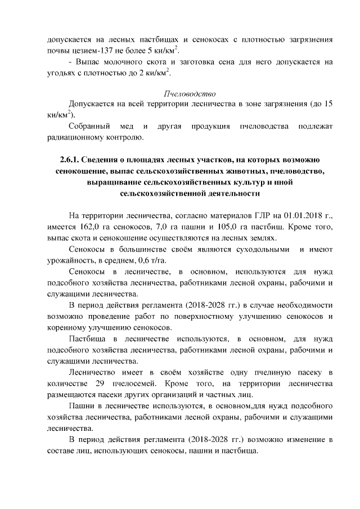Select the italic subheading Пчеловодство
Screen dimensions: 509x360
click(x=190, y=93)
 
